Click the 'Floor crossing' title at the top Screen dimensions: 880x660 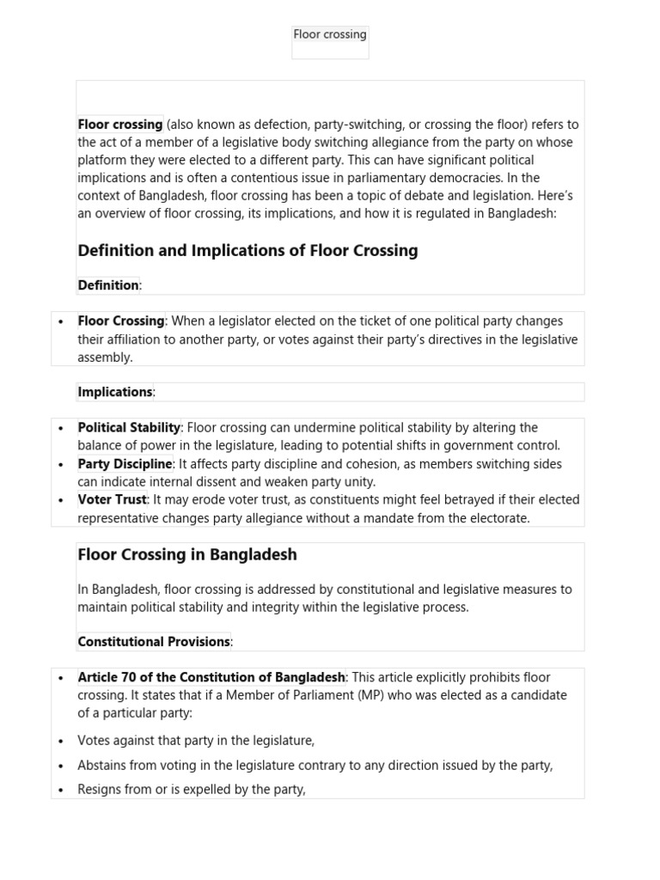[330, 34]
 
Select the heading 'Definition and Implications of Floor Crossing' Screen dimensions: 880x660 [247, 251]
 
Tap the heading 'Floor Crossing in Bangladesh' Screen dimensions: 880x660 [187, 555]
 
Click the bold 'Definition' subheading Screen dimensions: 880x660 [108, 285]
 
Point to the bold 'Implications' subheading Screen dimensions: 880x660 [115, 392]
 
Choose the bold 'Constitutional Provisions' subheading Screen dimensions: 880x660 [154, 642]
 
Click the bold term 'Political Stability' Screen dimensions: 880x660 [129, 427]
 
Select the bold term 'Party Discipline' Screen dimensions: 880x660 [125, 464]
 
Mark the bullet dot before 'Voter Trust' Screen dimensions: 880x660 [61, 500]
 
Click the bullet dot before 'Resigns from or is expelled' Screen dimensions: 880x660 [61, 790]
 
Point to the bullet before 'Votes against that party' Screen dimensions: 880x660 [61, 741]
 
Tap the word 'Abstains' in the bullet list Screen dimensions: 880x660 [103, 765]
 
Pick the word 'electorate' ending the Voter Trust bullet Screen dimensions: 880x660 [499, 518]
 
